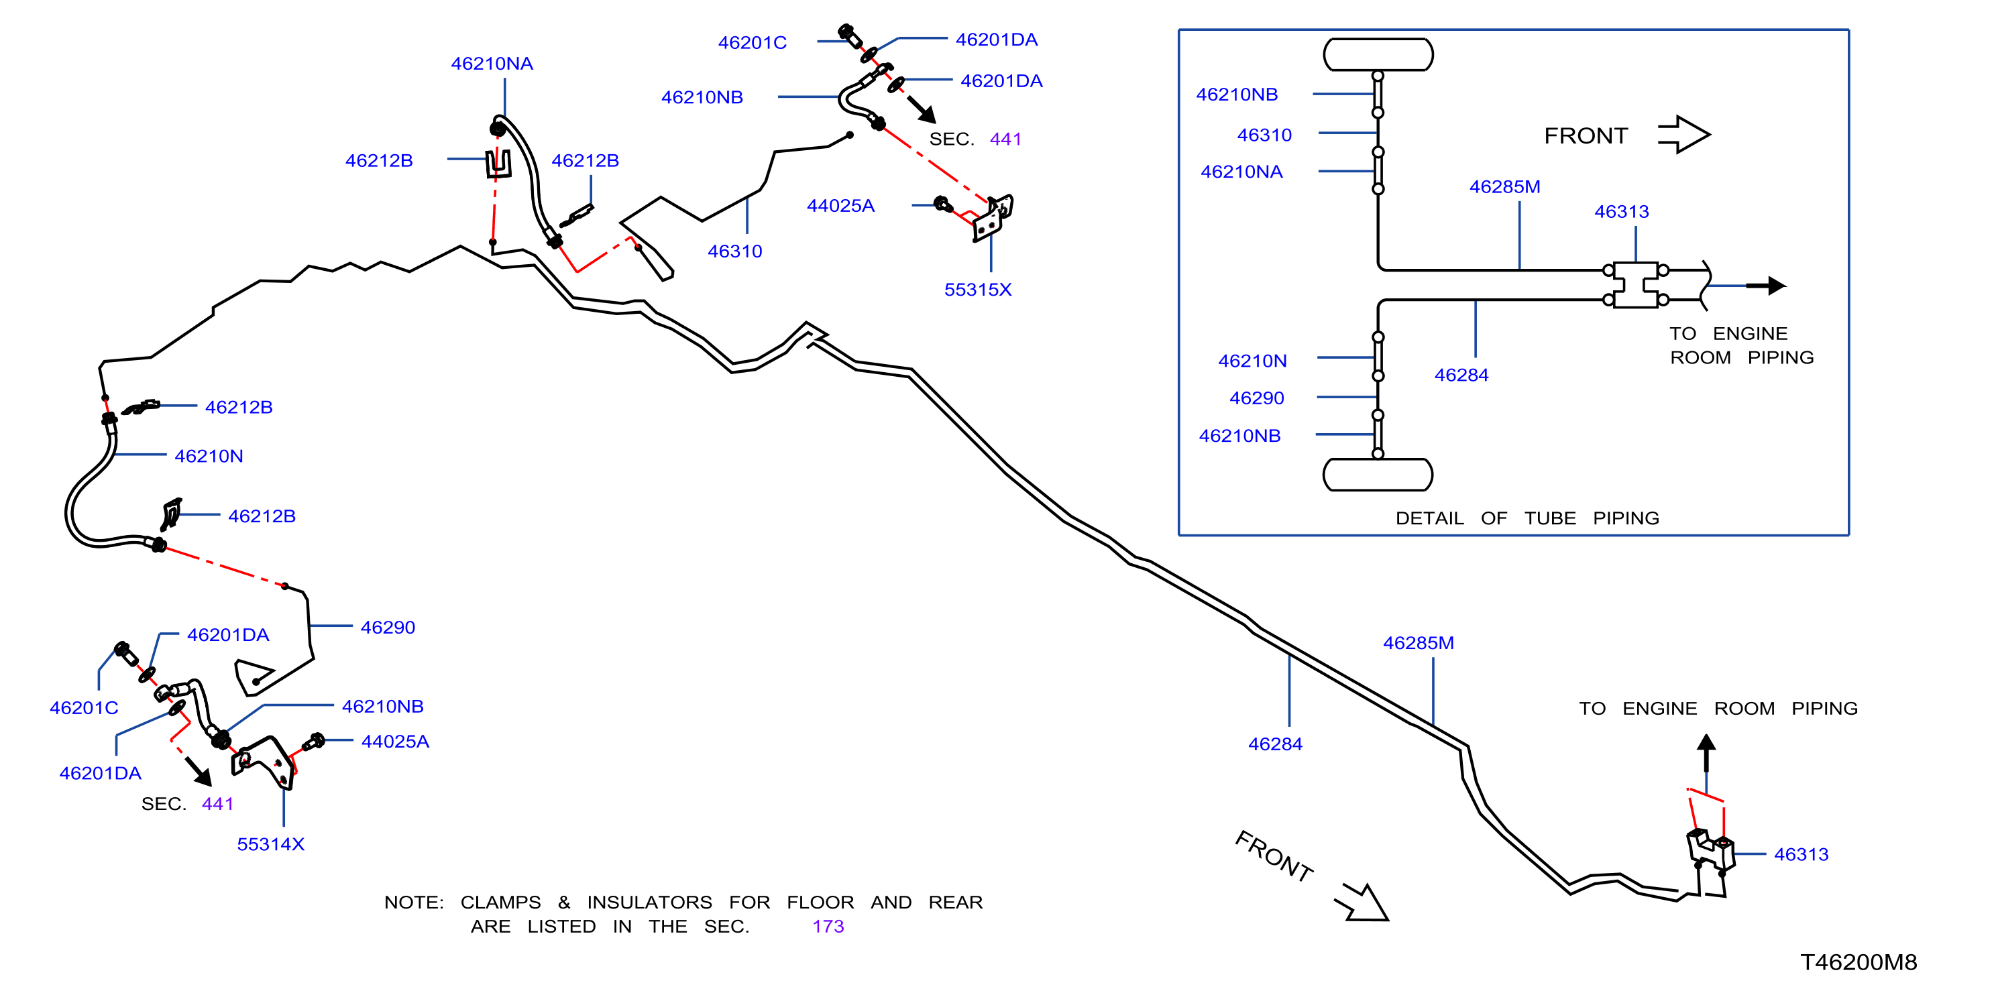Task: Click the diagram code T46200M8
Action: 1858,961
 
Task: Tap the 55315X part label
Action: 978,290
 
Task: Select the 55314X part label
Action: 271,844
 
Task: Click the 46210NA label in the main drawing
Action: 492,64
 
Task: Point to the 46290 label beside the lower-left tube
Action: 388,628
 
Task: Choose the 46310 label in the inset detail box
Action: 1265,135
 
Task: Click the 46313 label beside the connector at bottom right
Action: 1802,854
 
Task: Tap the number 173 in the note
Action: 828,926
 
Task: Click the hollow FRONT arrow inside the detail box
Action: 1683,135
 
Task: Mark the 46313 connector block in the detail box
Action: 1636,286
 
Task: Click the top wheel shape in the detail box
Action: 1378,55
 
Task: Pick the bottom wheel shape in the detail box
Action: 1378,474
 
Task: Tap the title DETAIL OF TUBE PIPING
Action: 1527,518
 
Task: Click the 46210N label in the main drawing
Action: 209,456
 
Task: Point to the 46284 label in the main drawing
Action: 1276,744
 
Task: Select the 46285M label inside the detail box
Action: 1505,186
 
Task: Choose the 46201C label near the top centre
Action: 753,42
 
